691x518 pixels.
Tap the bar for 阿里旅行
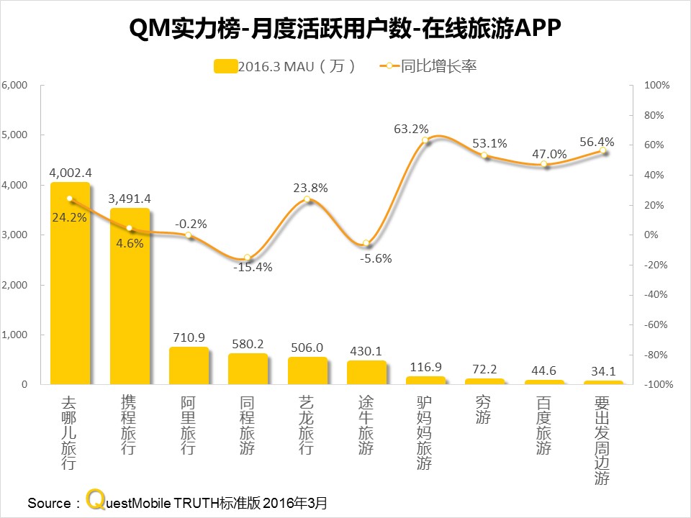tap(189, 366)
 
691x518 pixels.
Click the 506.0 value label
tap(307, 346)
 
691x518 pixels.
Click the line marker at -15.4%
tap(248, 258)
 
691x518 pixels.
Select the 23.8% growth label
tap(310, 188)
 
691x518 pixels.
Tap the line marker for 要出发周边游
tap(604, 152)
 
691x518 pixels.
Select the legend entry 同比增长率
tap(428, 67)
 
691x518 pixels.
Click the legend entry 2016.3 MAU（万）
tap(285, 67)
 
